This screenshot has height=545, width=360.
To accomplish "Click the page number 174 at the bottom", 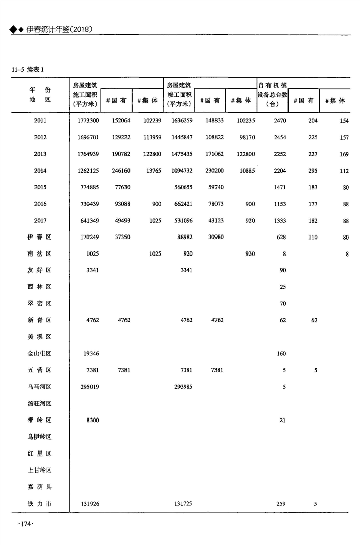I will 25,524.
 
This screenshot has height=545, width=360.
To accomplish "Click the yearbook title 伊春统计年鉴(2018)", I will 59,30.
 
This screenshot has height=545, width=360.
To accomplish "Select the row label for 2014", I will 40,171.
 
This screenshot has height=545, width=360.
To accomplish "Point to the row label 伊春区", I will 40,237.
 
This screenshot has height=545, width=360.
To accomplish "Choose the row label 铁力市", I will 40,504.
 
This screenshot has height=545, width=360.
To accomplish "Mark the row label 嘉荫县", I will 40,487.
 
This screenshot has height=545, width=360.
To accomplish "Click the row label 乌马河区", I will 40,387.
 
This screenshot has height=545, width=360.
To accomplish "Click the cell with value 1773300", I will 86,121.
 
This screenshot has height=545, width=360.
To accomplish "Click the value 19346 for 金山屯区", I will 91,354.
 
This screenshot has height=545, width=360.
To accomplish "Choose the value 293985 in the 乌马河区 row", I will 183,387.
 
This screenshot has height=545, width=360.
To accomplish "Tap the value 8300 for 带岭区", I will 93,420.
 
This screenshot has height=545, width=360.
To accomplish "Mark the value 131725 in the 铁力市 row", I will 183,504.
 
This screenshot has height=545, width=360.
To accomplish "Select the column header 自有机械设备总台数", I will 272,93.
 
